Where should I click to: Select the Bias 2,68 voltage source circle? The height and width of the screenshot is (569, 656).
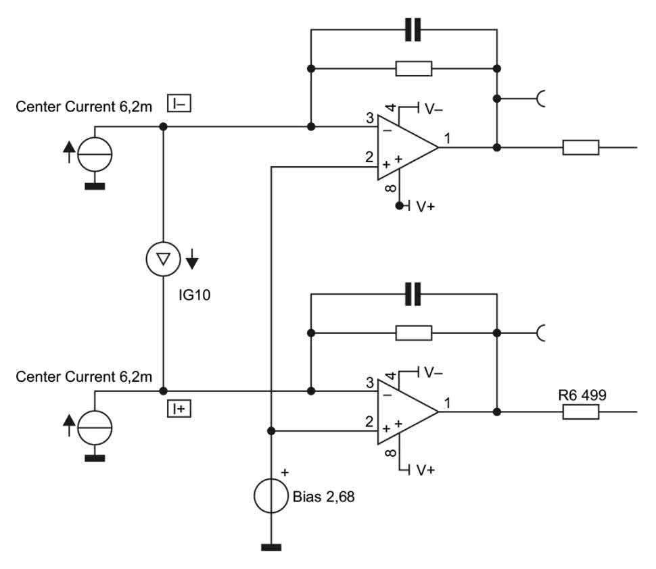pos(271,497)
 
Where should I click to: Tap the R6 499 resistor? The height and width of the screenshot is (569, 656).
pos(580,412)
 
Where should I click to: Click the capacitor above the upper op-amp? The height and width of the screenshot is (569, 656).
pos(413,30)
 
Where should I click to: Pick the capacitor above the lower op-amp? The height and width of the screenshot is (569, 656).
pos(413,294)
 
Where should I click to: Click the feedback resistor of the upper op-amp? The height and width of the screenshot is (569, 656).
pos(413,68)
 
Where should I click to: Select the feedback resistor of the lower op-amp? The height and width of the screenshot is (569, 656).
pos(413,332)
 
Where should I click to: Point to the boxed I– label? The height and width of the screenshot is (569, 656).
pos(180,103)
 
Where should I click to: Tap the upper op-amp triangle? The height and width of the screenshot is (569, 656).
pos(404,147)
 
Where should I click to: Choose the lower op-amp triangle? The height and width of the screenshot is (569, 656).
pos(404,412)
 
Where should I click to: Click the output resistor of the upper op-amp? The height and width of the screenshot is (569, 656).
pos(580,147)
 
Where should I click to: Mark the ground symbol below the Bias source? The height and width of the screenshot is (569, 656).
pos(271,547)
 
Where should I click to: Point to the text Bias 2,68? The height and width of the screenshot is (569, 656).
pos(323,498)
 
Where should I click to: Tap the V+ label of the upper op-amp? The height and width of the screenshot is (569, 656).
pos(425,206)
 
